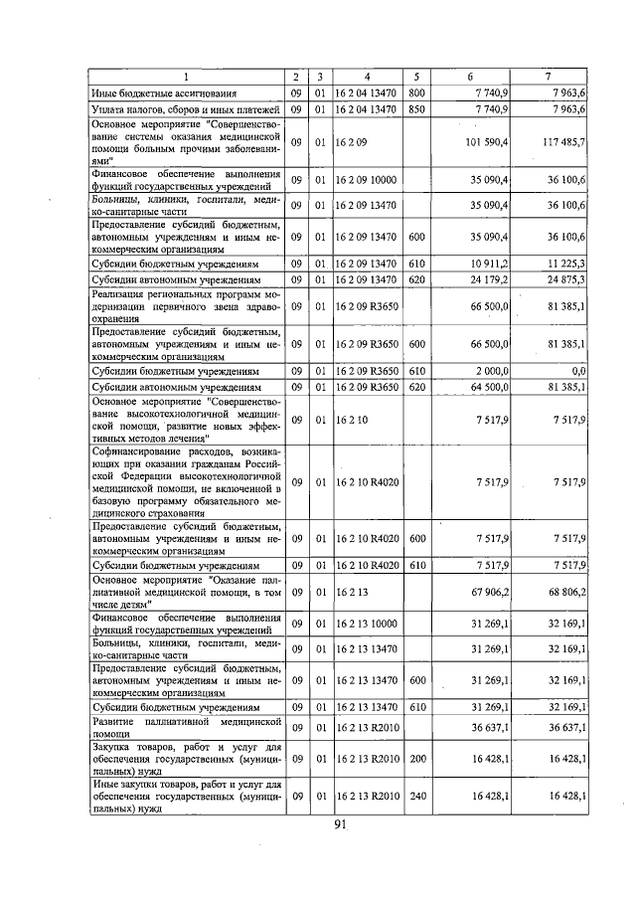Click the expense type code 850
[416, 108]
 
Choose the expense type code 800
[416, 92]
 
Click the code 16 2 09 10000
[366, 180]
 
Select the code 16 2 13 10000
[366, 623]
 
